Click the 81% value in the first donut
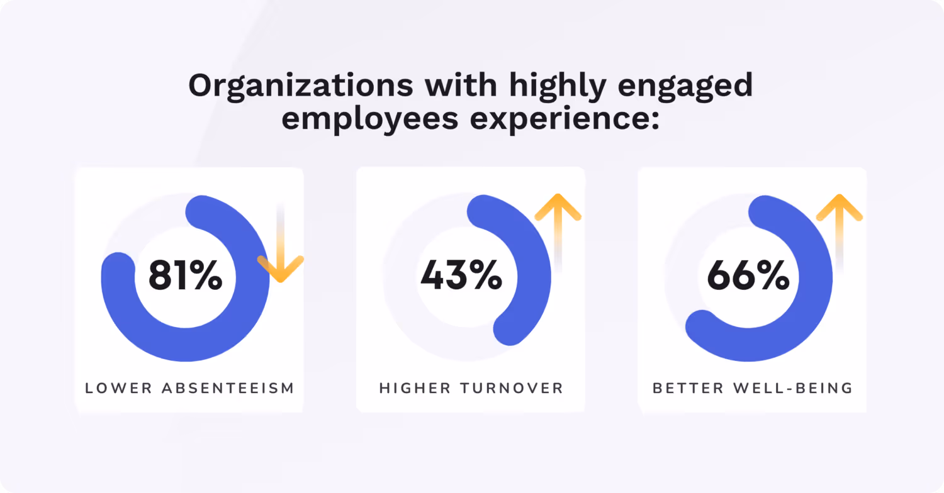coord(185,277)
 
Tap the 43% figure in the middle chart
coord(461,277)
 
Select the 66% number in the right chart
coord(748,277)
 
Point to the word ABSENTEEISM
coord(228,388)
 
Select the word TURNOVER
coord(512,388)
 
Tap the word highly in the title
coord(552,86)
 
